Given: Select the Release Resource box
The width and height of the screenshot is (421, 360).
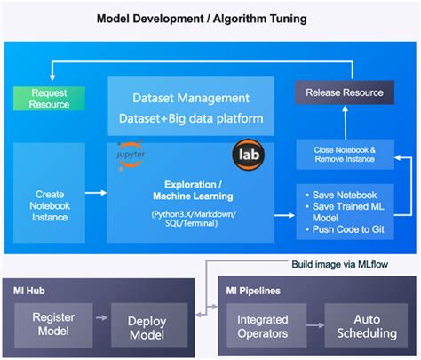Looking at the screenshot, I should point(345,92).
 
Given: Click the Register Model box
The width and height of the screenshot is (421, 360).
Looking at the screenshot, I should point(53,324).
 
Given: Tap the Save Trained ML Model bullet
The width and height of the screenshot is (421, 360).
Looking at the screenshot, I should point(346,212).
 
